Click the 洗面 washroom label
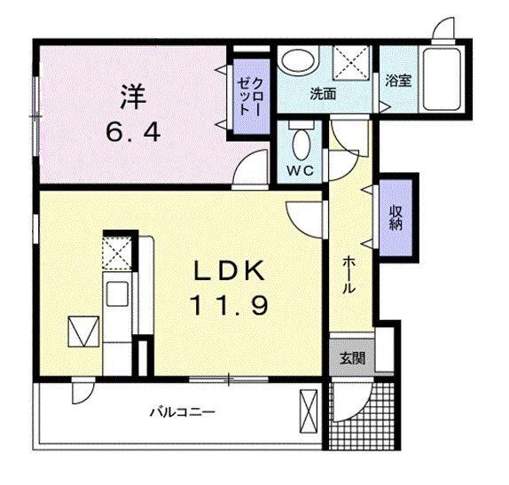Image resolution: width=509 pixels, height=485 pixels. click(x=322, y=93)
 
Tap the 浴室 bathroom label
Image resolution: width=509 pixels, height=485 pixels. click(x=397, y=81)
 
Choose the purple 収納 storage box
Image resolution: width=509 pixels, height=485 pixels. click(x=395, y=217)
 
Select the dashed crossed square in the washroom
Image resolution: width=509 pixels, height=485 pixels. click(x=351, y=61)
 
